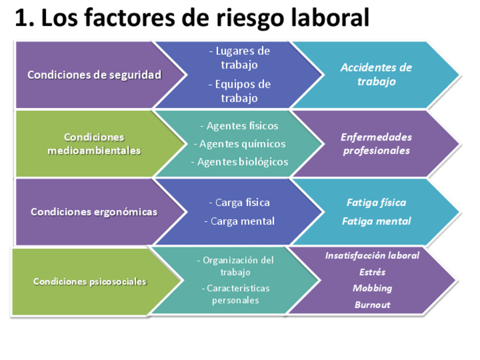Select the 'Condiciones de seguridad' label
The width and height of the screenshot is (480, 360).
tap(94, 75)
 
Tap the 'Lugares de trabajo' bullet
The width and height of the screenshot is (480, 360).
tap(239, 58)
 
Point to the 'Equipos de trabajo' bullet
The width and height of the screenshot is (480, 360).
tap(239, 91)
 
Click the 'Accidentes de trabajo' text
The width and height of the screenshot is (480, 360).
tap(376, 74)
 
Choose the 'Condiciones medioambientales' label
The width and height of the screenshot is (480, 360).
tap(94, 144)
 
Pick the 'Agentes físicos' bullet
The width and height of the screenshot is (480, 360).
tap(239, 126)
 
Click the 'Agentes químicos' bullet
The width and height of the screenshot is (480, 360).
tap(239, 144)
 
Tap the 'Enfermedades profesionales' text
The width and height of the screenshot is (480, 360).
tap(376, 144)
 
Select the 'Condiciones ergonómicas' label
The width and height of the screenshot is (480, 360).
tap(94, 212)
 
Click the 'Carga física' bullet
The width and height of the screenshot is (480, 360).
tap(239, 203)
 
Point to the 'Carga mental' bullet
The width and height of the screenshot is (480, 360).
tap(239, 221)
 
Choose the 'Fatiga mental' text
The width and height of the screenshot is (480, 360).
tap(376, 221)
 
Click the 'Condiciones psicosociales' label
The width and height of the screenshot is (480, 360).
tap(89, 281)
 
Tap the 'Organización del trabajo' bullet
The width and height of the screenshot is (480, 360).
tap(235, 266)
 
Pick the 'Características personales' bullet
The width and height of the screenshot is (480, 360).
tap(235, 294)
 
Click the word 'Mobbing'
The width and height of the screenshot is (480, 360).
tap(372, 288)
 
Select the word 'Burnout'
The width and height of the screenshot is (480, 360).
tap(372, 305)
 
